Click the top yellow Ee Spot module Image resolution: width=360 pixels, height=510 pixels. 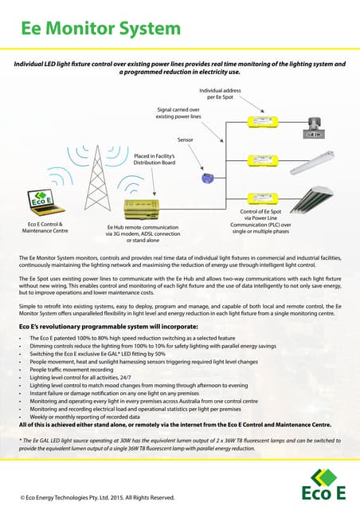[262, 122]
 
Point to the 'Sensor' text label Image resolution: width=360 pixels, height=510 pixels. [185, 139]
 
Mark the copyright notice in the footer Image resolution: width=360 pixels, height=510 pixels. [97, 496]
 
